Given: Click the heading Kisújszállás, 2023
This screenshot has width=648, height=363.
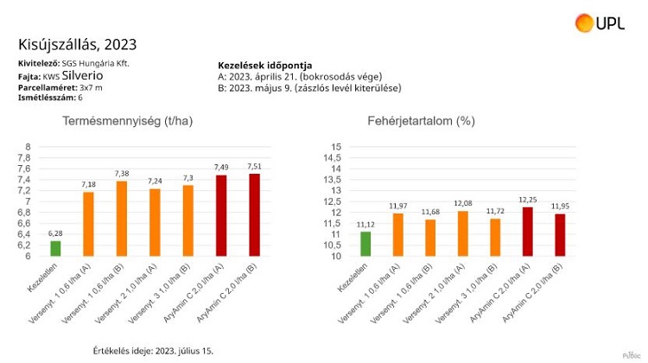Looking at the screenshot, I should pyautogui.click(x=77, y=45).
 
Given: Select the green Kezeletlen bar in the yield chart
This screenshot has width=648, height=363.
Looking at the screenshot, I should pyautogui.click(x=55, y=248).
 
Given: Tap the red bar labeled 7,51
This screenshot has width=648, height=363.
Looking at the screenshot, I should pyautogui.click(x=254, y=214).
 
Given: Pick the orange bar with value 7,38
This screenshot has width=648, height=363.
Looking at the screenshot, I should pyautogui.click(x=122, y=219).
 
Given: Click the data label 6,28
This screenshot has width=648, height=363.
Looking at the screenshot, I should pyautogui.click(x=55, y=233).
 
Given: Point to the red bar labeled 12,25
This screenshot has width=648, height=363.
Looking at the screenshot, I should pyautogui.click(x=527, y=231).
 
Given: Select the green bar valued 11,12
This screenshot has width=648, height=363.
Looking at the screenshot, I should pyautogui.click(x=365, y=244).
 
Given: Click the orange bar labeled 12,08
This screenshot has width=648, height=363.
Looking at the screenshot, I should pyautogui.click(x=462, y=233).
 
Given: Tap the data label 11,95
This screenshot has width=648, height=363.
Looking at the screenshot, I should pyautogui.click(x=559, y=206).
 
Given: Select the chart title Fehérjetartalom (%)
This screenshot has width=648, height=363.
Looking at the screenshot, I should pyautogui.click(x=421, y=122).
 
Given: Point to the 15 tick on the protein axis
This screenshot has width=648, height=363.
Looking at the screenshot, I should pyautogui.click(x=338, y=147).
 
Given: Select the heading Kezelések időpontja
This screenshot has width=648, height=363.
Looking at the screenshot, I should pyautogui.click(x=265, y=66).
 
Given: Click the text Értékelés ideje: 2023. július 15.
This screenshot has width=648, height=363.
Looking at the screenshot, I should pyautogui.click(x=152, y=351).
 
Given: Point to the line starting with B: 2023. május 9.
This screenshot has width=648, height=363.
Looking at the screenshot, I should pyautogui.click(x=309, y=88).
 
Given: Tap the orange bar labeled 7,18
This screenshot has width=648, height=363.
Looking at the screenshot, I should pyautogui.click(x=89, y=224).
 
